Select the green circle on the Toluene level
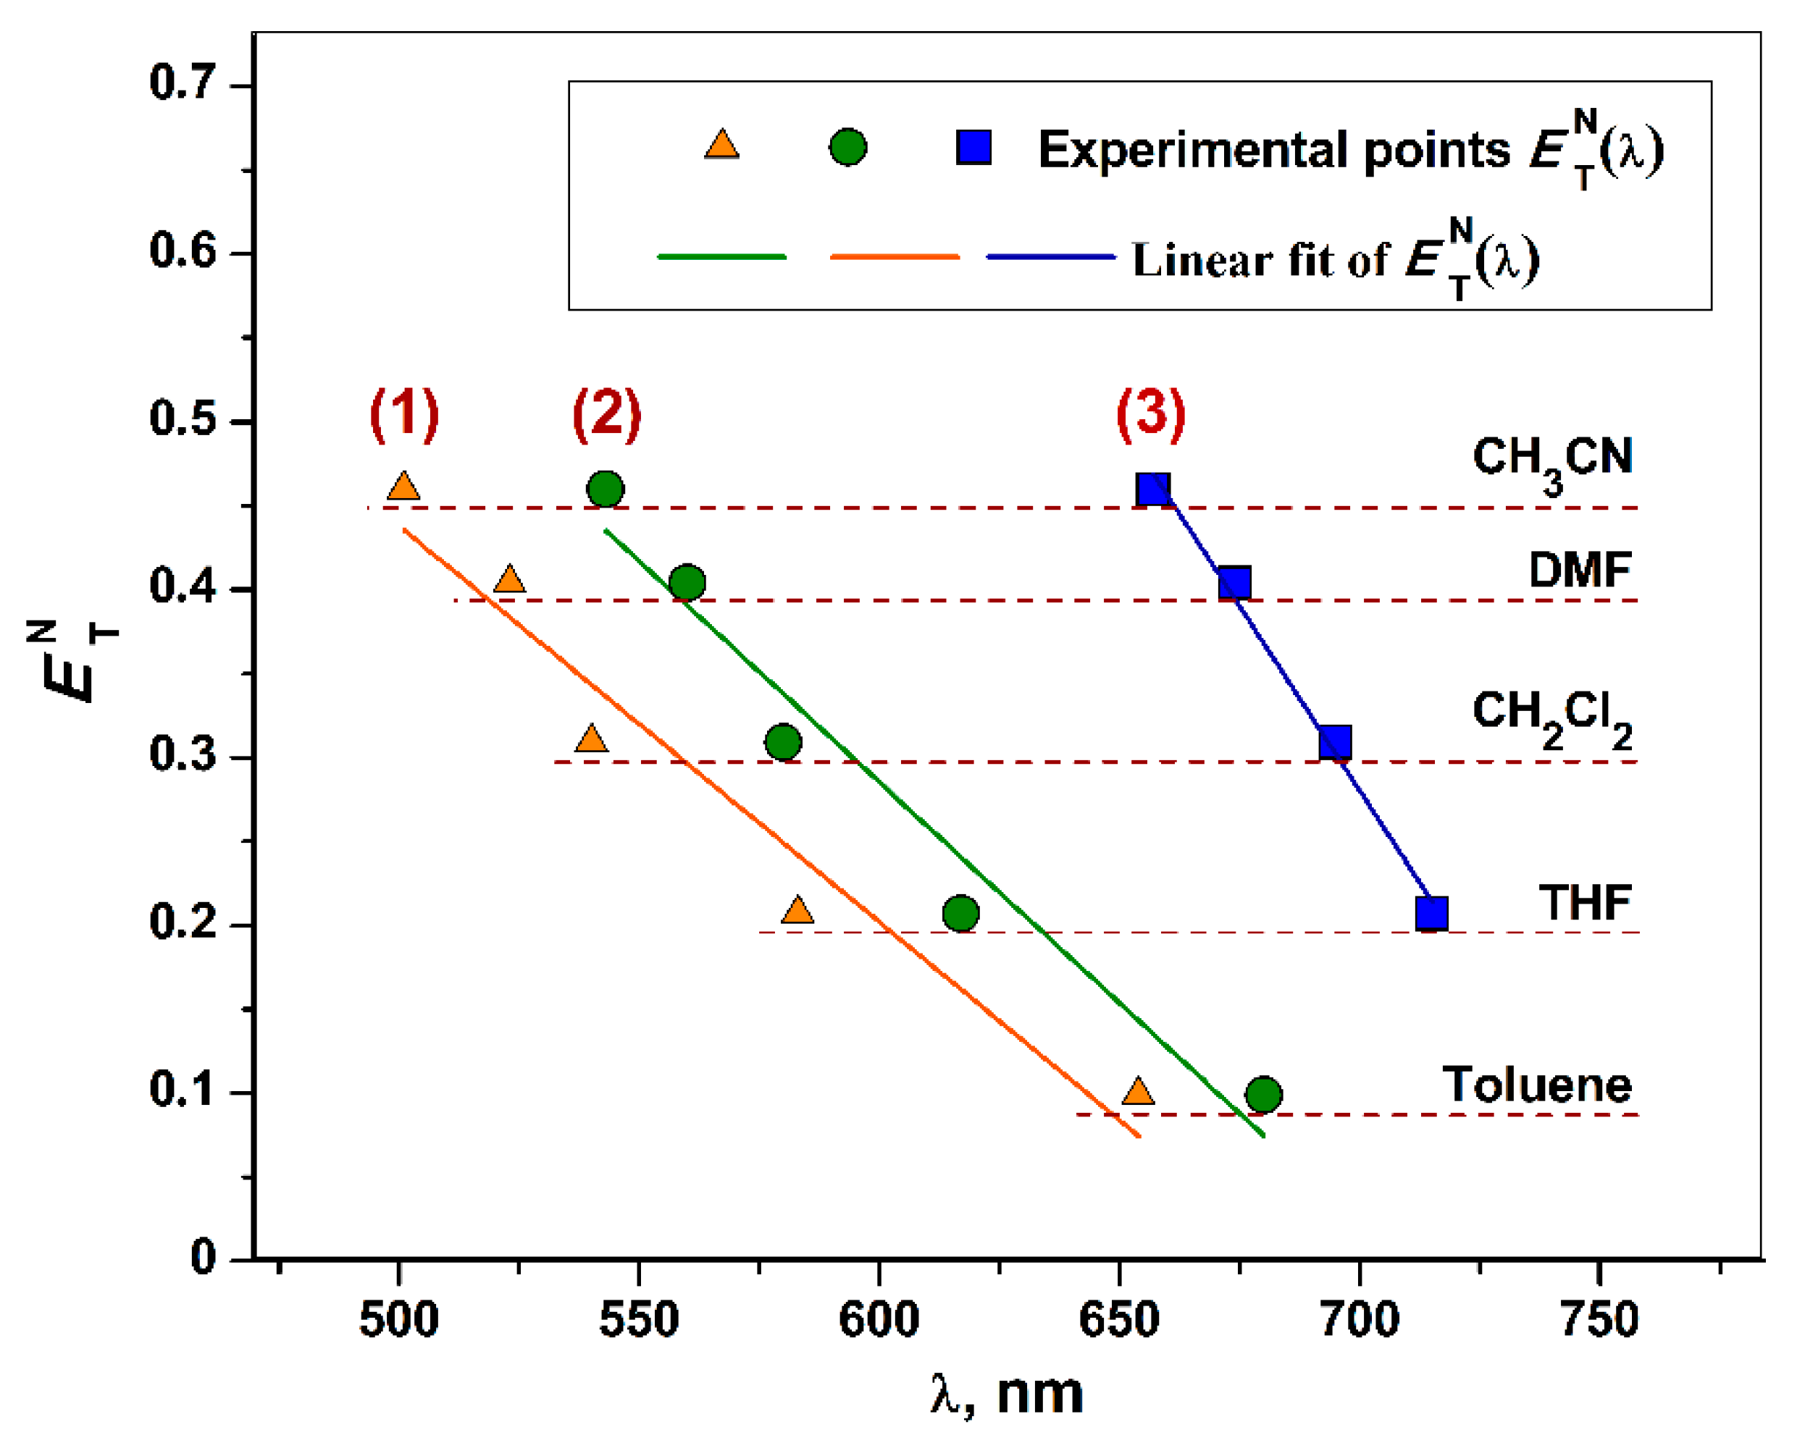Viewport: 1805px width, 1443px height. (x=1263, y=1094)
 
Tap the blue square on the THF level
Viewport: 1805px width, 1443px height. (x=1431, y=913)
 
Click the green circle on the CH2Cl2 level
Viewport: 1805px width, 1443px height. (x=783, y=741)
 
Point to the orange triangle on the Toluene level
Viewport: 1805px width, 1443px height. (x=1138, y=1091)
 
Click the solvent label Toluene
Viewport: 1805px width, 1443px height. (x=1536, y=1085)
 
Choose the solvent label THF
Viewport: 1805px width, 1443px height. (x=1584, y=903)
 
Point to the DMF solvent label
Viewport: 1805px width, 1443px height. (x=1579, y=570)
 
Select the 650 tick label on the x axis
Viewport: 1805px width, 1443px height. (x=1118, y=1320)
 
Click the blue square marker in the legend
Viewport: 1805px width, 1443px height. (x=973, y=147)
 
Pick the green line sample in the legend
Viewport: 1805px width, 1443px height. (x=721, y=257)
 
